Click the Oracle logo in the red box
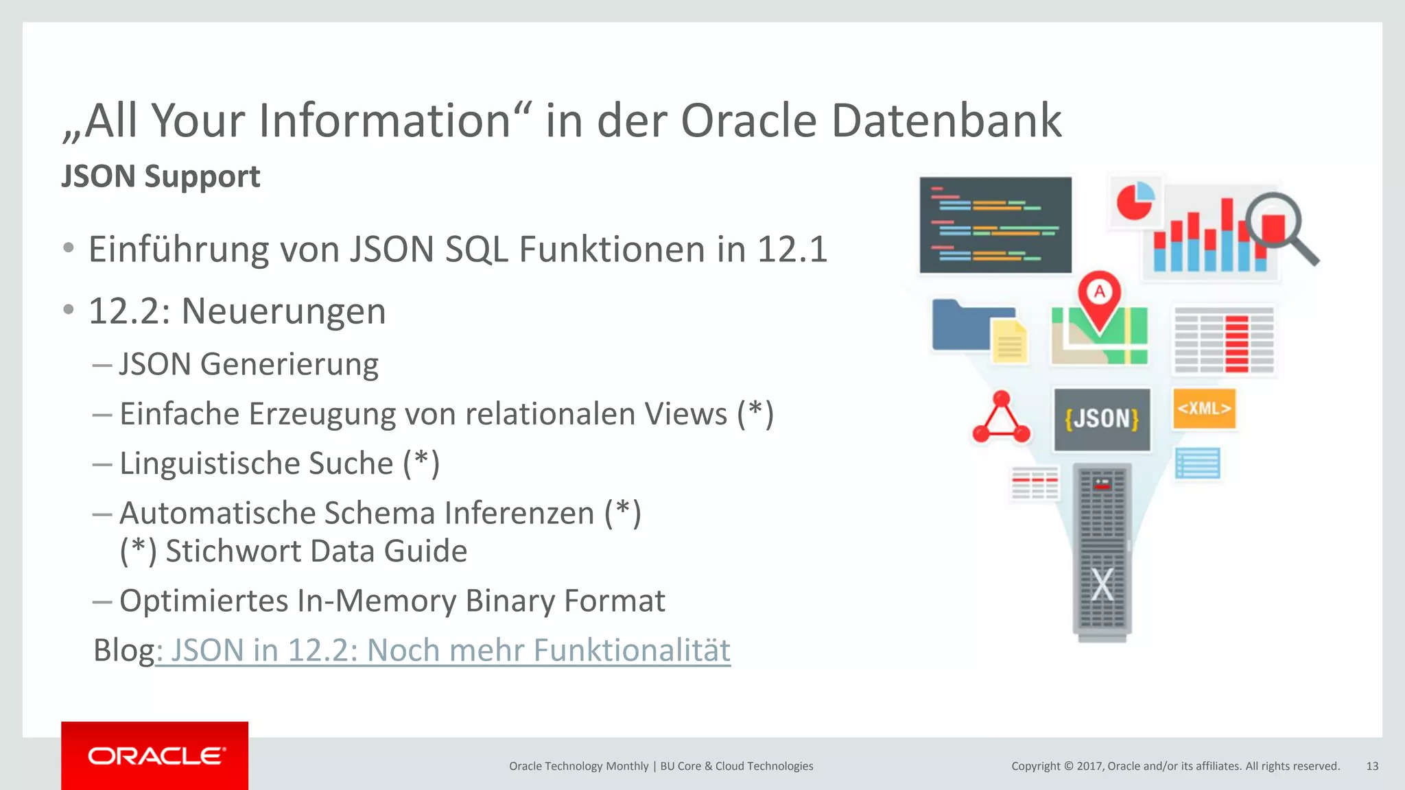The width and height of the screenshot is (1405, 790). pyautogui.click(x=156, y=756)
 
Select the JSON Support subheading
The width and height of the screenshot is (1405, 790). pyautogui.click(x=161, y=176)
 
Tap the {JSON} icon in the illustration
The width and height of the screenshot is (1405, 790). pyautogui.click(x=1102, y=419)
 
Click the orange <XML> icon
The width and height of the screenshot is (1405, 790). pyautogui.click(x=1204, y=409)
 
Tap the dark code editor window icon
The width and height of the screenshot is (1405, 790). pyautogui.click(x=995, y=225)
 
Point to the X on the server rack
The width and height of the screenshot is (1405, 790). pyautogui.click(x=1102, y=585)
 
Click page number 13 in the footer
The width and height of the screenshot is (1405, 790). pyautogui.click(x=1372, y=766)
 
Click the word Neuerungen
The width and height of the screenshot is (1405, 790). pyautogui.click(x=283, y=311)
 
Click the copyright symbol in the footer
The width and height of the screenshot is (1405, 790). pyautogui.click(x=1067, y=766)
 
